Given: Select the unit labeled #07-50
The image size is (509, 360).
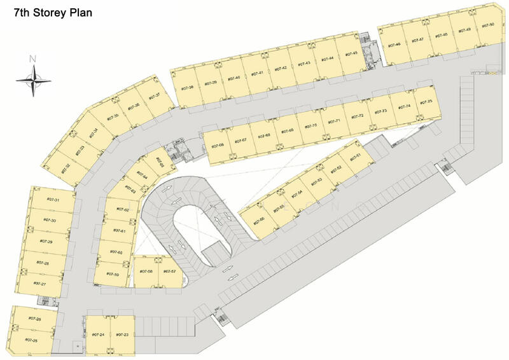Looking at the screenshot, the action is pyautogui.click(x=488, y=26).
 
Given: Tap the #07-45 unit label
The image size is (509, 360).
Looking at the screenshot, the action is pyautogui.click(x=352, y=55).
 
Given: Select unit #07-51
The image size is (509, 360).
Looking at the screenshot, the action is pyautogui.click(x=355, y=156).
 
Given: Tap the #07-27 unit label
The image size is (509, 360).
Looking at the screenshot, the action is pyautogui.click(x=39, y=283).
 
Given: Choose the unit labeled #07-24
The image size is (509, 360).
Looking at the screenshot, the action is pyautogui.click(x=98, y=335).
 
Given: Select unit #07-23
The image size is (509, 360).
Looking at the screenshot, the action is pyautogui.click(x=123, y=335).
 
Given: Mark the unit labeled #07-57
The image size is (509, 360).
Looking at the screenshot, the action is pyautogui.click(x=169, y=272).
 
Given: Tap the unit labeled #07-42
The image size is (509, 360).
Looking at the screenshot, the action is pyautogui.click(x=281, y=68).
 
